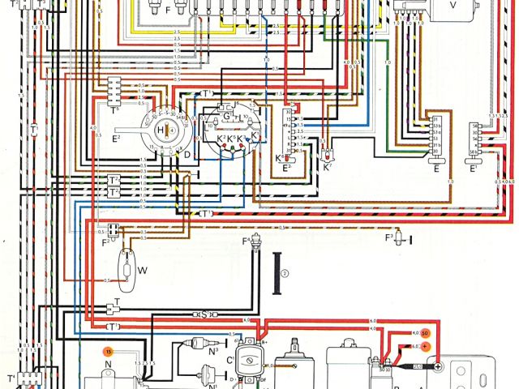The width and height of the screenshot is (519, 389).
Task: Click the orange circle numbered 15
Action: [x=107, y=351]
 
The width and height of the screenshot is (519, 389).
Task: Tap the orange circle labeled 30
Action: [x=423, y=332]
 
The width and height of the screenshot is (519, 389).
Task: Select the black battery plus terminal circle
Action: [x=436, y=367]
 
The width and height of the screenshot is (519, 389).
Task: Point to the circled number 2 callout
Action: [x=285, y=272]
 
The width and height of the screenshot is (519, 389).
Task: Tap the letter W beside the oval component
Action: [x=144, y=270]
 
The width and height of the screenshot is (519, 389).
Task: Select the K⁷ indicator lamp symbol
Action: [x=327, y=153]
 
